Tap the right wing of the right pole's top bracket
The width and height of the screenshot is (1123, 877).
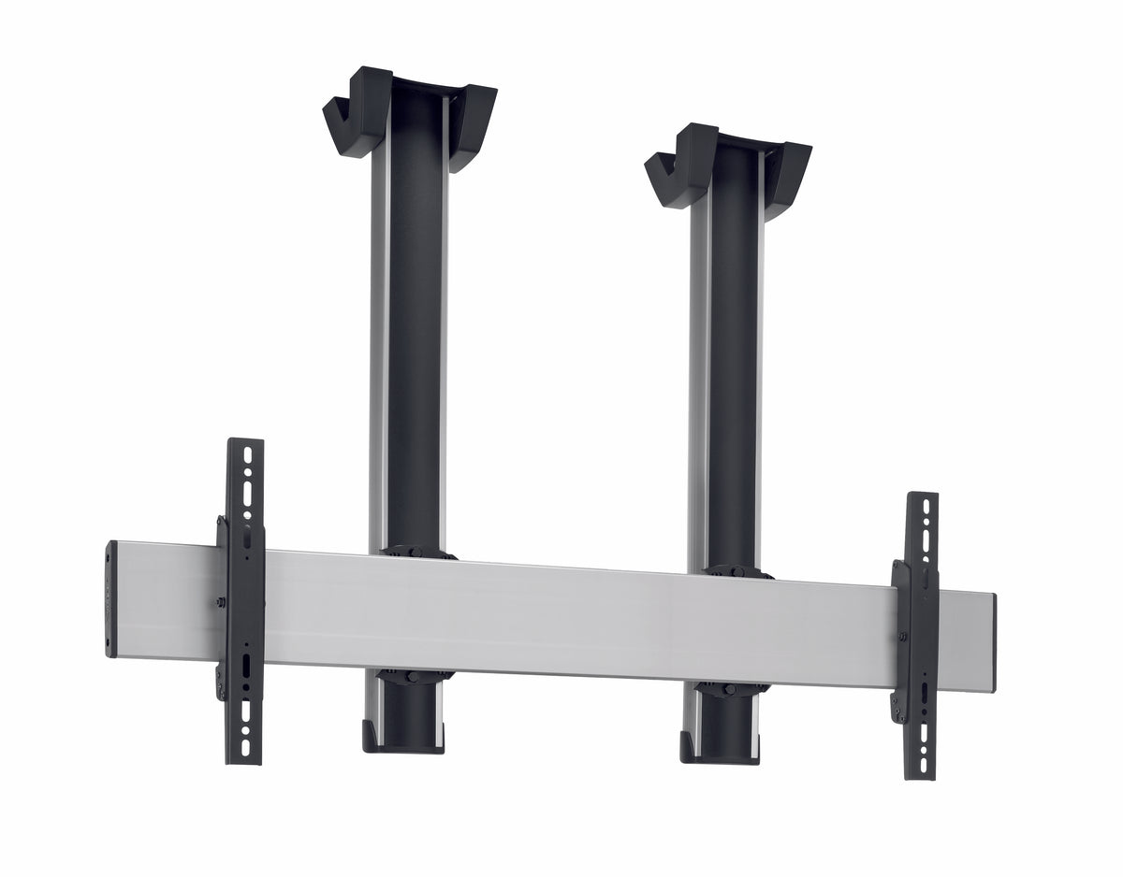(791, 179)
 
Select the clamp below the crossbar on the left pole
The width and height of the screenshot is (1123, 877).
(412, 675)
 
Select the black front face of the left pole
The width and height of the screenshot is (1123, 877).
(414, 327)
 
